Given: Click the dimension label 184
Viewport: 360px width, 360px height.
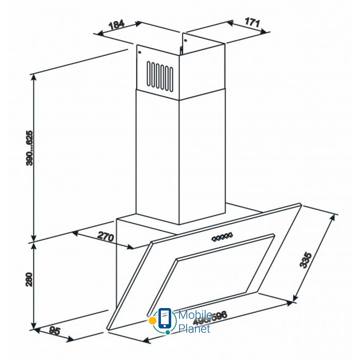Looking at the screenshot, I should (x=117, y=25).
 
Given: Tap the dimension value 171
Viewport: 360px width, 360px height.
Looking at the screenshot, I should (x=252, y=23).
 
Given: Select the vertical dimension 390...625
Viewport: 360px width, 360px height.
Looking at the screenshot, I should (x=30, y=148).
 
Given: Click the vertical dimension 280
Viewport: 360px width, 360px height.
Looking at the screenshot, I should (x=30, y=279).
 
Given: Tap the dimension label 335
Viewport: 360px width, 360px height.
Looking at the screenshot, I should (x=306, y=260).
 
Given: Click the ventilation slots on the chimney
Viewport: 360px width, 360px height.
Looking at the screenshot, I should (x=160, y=75).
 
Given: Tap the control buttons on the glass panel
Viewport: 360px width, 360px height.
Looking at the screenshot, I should (x=222, y=236).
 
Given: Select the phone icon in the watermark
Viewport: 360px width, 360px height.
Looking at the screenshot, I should (x=165, y=318).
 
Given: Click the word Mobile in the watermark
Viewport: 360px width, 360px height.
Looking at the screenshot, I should (x=195, y=315).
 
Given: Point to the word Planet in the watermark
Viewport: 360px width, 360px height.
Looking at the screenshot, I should (x=194, y=329).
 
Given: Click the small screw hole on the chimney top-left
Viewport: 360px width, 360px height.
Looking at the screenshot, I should (x=140, y=53).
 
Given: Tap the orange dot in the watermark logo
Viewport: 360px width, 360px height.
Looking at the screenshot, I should (x=152, y=321).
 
